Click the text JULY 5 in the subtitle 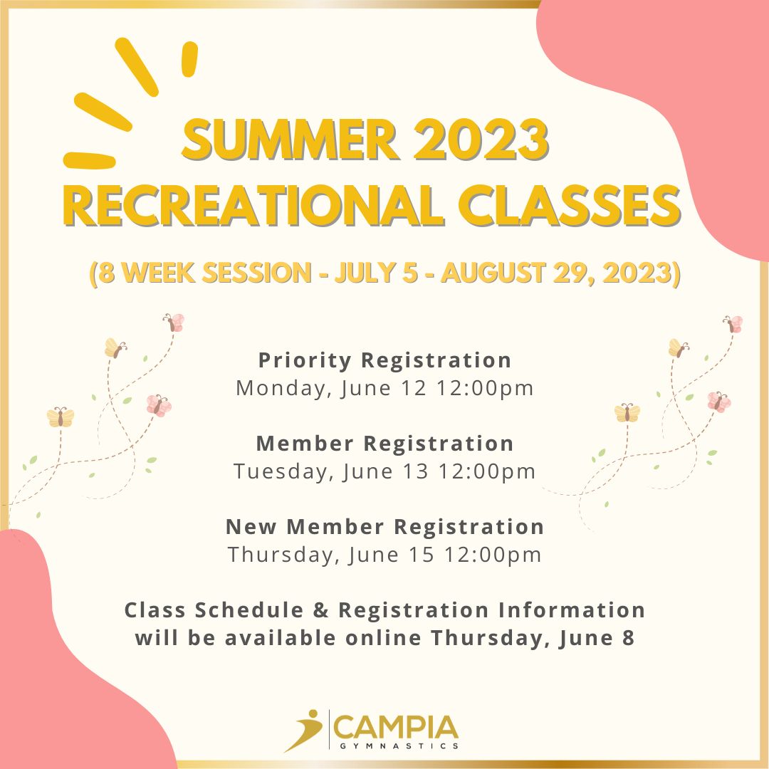(x=376, y=273)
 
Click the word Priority (x=305, y=361)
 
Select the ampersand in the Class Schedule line (x=320, y=610)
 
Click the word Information (x=571, y=610)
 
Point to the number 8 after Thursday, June (x=628, y=638)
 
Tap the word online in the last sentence (x=383, y=638)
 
